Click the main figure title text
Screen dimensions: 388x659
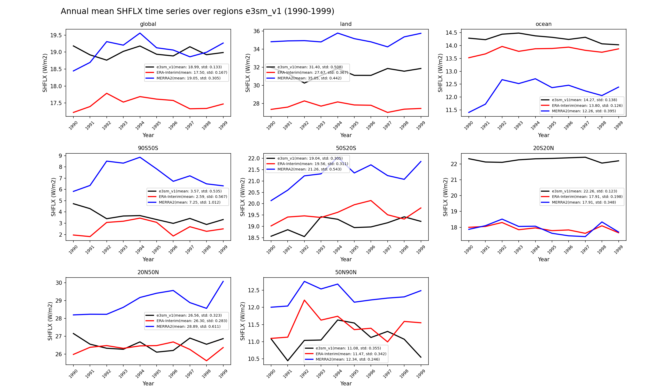(197, 11)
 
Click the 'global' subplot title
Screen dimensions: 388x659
(148, 24)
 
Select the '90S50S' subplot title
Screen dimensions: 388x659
(148, 148)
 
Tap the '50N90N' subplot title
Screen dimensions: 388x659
(346, 272)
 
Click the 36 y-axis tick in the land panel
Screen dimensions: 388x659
(257, 31)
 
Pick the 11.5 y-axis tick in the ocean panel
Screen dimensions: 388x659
(451, 110)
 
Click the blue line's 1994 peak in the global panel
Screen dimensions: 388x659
(140, 33)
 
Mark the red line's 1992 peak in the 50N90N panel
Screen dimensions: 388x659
(304, 300)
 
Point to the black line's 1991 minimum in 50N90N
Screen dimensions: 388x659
(288, 361)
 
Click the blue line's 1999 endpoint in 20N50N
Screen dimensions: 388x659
(223, 281)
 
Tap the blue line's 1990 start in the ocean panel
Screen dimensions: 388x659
(469, 113)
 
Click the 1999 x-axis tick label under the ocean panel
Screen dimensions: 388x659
(618, 126)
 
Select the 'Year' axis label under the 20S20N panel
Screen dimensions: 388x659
(543, 259)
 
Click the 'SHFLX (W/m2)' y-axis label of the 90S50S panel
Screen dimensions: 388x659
(53, 197)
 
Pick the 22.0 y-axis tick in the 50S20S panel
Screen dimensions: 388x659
(254, 158)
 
